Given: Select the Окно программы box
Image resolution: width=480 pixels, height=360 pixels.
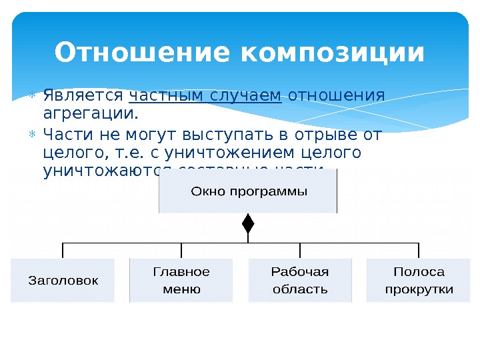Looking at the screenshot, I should point(248,191).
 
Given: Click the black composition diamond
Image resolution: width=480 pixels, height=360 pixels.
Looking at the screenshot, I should point(248,223).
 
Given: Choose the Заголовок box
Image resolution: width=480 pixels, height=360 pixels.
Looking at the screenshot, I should point(63,280).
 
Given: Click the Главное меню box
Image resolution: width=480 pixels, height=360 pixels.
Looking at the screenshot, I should point(181,280).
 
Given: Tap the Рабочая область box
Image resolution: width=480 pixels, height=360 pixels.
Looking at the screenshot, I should point(300,280).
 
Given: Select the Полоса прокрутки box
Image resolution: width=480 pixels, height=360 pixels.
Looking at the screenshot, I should point(419,280).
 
